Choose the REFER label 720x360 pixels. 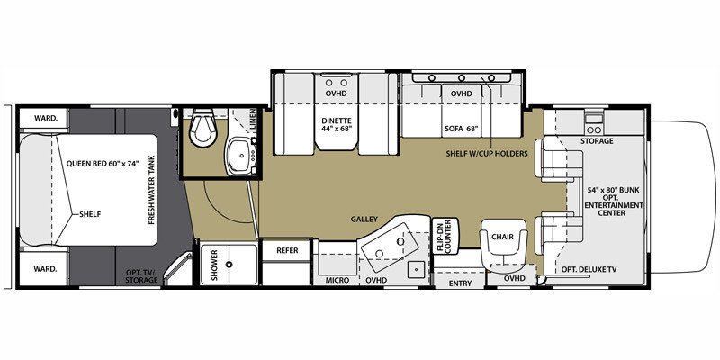click(287, 251)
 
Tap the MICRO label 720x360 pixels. click(337, 280)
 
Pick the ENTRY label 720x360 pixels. click(458, 283)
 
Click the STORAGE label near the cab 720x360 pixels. click(597, 140)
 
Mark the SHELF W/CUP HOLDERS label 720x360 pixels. click(486, 153)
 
